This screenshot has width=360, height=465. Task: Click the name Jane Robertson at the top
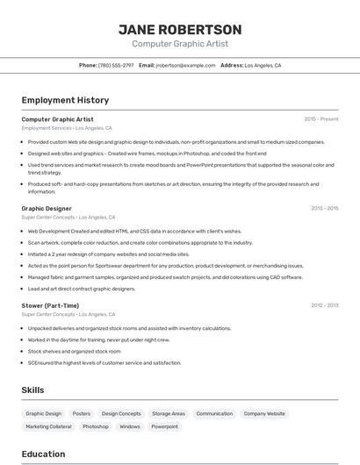click(x=180, y=30)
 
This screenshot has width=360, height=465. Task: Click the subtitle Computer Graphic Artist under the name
click(x=180, y=44)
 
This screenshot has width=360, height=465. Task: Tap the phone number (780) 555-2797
click(x=116, y=65)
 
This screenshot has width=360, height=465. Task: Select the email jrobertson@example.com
click(x=185, y=65)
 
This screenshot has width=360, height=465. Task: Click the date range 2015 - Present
click(x=321, y=119)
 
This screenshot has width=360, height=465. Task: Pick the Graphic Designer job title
click(x=47, y=209)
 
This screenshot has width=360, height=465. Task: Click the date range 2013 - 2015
click(x=324, y=209)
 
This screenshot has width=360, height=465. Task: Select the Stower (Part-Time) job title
click(x=50, y=305)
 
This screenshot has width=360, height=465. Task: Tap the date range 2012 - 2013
click(x=324, y=305)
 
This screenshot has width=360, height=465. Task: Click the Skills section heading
click(x=32, y=390)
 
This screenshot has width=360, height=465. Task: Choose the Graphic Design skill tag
click(x=44, y=413)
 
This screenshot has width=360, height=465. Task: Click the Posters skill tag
click(x=82, y=413)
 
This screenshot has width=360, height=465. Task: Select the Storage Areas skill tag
click(x=169, y=413)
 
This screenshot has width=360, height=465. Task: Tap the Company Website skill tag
click(x=264, y=413)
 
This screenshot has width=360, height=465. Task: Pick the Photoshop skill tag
click(x=96, y=426)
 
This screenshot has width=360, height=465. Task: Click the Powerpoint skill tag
click(x=164, y=426)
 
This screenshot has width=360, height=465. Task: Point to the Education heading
click(x=43, y=454)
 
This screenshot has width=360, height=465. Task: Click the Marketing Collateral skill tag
click(x=48, y=426)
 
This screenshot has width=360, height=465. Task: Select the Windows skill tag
click(x=130, y=426)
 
